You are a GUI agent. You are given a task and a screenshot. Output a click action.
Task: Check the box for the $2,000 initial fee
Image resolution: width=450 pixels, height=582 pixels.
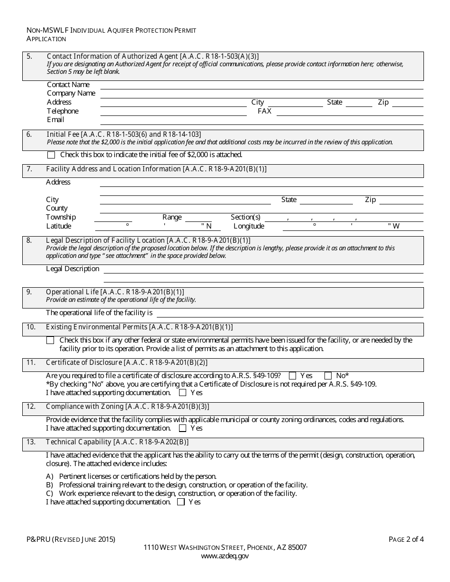51,155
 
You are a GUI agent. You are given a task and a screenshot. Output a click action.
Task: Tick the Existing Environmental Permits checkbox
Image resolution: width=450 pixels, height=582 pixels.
50,340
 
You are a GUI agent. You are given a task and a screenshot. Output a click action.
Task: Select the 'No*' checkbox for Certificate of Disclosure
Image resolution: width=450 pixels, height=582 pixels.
328,376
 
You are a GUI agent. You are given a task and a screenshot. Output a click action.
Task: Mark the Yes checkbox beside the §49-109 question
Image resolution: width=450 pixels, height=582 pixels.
292,376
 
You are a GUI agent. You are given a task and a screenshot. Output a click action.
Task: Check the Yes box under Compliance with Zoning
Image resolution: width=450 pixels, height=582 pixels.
182,428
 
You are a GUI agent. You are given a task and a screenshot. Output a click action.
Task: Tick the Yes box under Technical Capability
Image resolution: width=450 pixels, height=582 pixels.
180,502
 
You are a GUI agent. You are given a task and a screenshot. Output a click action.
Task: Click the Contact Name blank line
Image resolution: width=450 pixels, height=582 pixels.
261,85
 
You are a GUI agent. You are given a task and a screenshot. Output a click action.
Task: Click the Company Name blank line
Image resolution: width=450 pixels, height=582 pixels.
261,94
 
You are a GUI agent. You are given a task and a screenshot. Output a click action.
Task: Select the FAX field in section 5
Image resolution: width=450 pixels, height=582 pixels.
350,112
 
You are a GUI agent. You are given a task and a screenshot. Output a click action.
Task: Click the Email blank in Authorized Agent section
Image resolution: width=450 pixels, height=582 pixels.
261,120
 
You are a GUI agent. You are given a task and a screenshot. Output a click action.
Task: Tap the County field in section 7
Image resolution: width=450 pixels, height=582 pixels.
261,209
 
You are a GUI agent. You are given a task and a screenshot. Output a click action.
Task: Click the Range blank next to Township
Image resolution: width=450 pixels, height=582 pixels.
198,218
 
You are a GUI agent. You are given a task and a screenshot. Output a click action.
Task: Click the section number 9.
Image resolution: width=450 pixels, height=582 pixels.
29,292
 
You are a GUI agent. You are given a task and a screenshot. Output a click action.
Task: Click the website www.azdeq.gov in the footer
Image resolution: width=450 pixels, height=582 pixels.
225,556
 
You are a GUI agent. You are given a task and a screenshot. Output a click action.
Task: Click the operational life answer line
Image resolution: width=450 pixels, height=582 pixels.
290,313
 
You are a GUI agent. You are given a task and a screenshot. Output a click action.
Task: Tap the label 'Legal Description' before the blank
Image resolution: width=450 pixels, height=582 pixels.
72,269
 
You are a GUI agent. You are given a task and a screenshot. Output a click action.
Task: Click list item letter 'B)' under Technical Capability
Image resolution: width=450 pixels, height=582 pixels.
49,485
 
